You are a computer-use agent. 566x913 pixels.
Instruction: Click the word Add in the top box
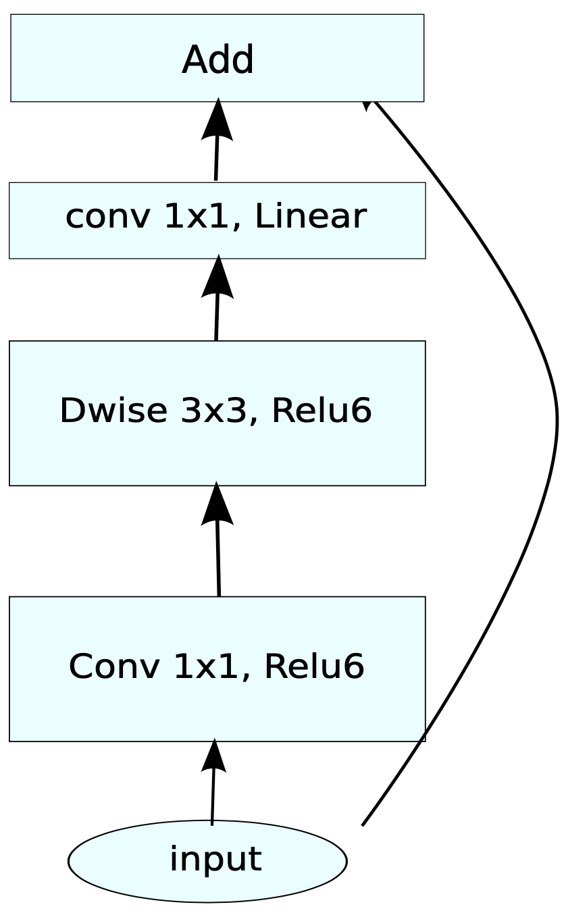(x=217, y=60)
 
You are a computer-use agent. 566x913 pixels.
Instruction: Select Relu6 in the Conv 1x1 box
(x=314, y=667)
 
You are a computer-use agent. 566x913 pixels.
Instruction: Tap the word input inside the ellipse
(x=215, y=860)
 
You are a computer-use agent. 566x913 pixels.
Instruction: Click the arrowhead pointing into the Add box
(x=217, y=120)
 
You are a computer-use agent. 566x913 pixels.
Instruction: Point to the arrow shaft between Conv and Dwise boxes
(x=218, y=560)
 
